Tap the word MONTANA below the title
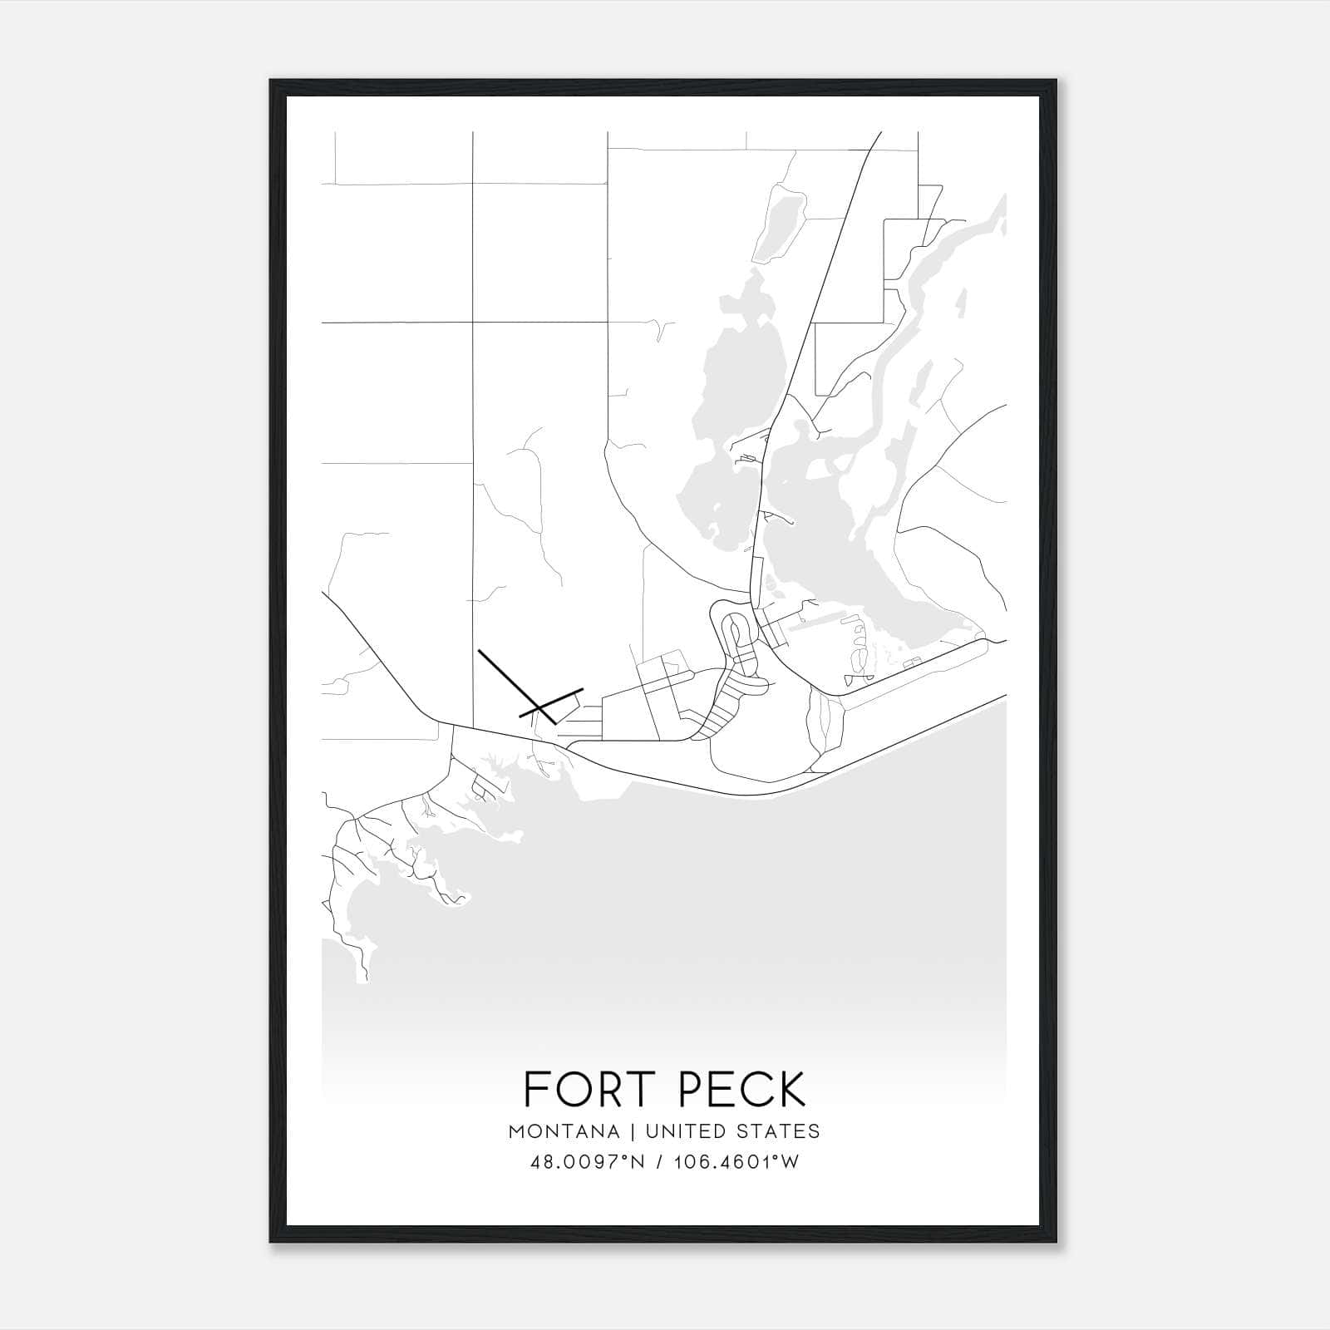click(x=565, y=1131)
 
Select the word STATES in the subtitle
click(x=781, y=1131)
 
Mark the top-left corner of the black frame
click(x=272, y=81)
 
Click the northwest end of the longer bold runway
click(x=480, y=653)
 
